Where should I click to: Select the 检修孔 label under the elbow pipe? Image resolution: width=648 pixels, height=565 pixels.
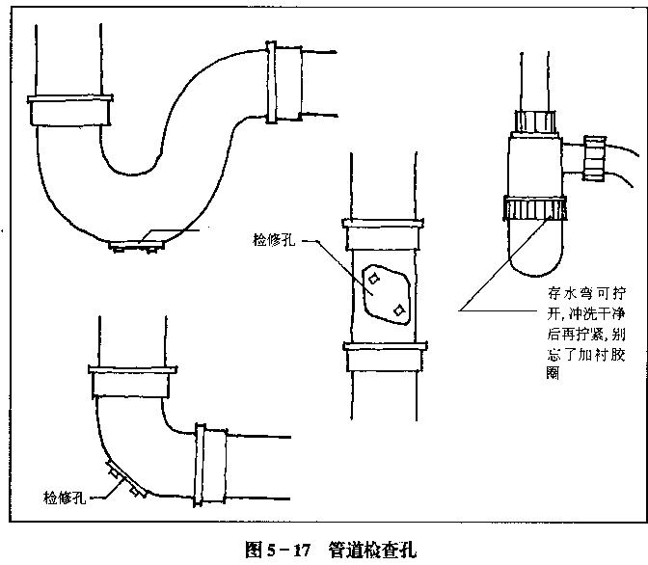tap(66, 498)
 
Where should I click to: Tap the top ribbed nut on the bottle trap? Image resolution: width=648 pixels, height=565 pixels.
tap(535, 122)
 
